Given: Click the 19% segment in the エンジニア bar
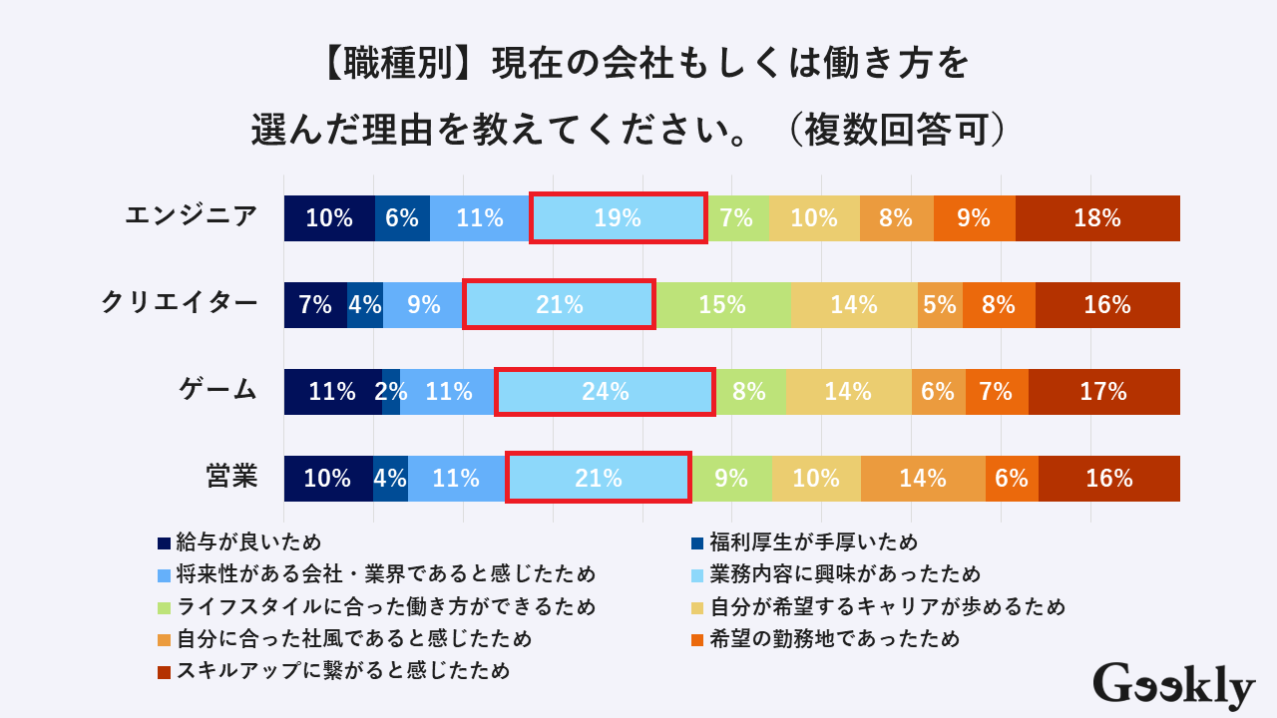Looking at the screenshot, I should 618,218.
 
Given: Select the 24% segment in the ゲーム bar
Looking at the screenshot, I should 605,392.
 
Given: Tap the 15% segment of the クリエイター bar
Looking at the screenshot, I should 723,305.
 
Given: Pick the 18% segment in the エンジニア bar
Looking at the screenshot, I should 1097,218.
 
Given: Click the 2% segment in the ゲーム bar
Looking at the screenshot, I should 391,392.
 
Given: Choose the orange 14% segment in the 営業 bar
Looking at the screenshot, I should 923,479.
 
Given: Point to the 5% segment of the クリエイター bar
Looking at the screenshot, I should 940,305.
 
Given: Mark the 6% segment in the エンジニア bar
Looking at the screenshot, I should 402,218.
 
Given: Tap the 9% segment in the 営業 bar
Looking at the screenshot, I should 731,479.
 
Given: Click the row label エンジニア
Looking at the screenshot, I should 192,215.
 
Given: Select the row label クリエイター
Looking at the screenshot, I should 180,302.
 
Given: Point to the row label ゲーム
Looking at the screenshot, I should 218,389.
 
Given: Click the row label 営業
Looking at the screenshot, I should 231,477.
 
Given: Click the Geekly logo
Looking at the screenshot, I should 1173,686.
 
